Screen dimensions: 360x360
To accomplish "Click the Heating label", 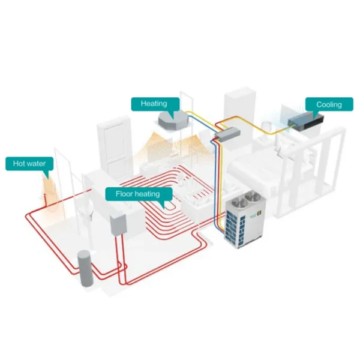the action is tap(155, 104).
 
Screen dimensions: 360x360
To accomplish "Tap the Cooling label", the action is tap(329, 104).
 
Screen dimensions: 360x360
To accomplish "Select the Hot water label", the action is tap(29, 164).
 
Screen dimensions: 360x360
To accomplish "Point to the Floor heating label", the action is tap(139, 194).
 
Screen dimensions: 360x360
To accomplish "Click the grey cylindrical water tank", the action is tap(85, 268).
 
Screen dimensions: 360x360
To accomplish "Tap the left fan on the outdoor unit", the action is tap(238, 203).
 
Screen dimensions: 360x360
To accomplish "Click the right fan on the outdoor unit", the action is tap(252, 197).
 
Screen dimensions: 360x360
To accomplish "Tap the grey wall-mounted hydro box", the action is tap(118, 225).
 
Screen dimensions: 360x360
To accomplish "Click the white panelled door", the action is tap(115, 149).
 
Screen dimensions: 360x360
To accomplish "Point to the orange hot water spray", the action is tap(49, 195).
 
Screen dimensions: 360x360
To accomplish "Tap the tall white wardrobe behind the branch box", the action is tap(239, 115).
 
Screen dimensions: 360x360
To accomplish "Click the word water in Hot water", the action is tap(36, 164).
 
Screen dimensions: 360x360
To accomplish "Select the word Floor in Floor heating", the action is tap(124, 194).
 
